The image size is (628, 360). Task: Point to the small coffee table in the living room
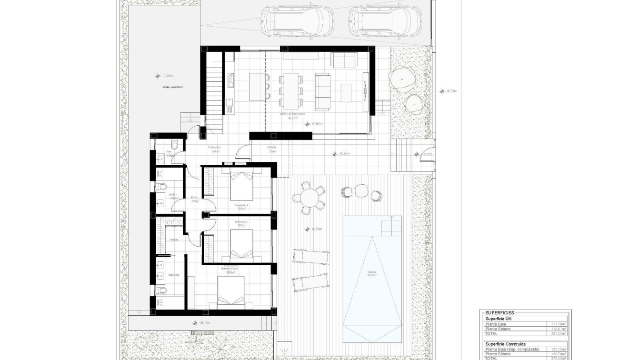coord(346,92)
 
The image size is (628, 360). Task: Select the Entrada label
coord(272,148)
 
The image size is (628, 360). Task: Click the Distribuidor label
coord(214,148)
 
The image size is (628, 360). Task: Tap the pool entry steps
coord(390,226)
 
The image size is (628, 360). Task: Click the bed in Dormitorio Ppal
coord(231,290)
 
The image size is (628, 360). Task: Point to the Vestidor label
coord(174,240)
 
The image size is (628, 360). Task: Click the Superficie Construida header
coord(506,343)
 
